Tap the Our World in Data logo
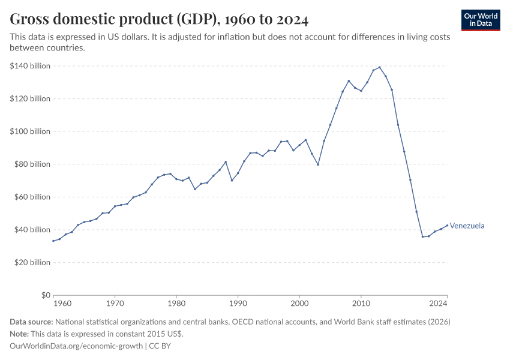[480, 20]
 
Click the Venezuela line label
[467, 226]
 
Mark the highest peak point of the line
[379, 67]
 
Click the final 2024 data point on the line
[447, 225]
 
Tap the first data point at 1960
[53, 241]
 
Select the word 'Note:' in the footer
[20, 334]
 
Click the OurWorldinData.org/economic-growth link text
[77, 346]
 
